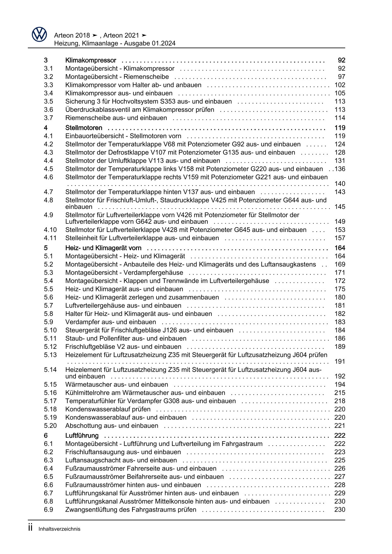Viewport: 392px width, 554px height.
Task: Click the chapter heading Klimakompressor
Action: (91, 60)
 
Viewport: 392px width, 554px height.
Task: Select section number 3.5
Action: (48, 101)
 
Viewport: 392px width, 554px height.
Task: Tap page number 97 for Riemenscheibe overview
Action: (341, 77)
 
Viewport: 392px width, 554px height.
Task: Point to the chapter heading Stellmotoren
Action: (84, 128)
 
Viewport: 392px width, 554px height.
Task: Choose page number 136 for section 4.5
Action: (340, 169)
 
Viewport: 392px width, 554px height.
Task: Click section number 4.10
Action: (50, 230)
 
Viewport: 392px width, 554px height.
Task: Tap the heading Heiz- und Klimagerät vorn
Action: (103, 248)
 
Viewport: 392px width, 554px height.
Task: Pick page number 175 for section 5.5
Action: (340, 289)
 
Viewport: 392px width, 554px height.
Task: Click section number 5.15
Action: (50, 385)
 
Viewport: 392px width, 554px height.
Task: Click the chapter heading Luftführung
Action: (82, 436)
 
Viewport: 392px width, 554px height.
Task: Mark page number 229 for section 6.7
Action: (340, 493)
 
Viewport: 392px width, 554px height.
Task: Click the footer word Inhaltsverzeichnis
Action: (59, 529)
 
